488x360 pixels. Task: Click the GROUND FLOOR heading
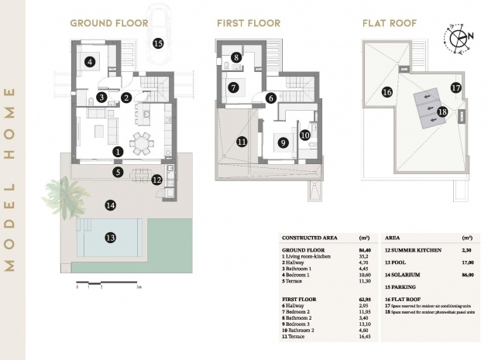[x=108, y=23]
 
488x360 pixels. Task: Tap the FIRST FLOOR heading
[x=249, y=23]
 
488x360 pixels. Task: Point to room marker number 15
[x=158, y=43]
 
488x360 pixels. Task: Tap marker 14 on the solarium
[x=110, y=205]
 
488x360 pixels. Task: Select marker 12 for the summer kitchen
[x=157, y=180]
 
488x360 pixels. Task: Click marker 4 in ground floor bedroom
[x=91, y=62]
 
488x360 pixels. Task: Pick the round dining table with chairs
[x=142, y=142]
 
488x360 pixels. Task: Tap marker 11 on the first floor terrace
[x=241, y=142]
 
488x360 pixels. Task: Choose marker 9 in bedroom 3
[x=284, y=142]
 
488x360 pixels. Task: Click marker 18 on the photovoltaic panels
[x=442, y=111]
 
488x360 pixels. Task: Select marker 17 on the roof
[x=455, y=87]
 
